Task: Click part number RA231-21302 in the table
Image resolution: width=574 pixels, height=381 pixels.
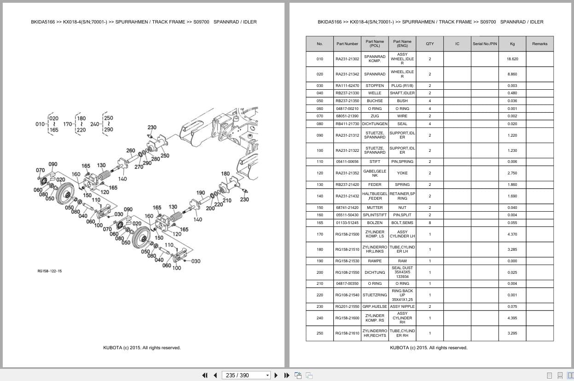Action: (x=347, y=59)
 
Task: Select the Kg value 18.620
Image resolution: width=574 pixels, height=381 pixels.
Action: (x=512, y=59)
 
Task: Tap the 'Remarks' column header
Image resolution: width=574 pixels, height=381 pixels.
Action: (x=539, y=44)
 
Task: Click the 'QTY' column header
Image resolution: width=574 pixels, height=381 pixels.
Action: (x=429, y=44)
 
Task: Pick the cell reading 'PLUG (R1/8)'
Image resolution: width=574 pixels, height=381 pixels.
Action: (x=402, y=86)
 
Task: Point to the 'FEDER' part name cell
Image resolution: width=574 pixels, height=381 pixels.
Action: (x=375, y=185)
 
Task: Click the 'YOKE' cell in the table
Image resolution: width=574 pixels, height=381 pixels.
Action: (x=402, y=173)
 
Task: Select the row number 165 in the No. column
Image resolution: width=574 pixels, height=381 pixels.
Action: (x=320, y=223)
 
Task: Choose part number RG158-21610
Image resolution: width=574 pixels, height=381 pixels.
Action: (x=347, y=333)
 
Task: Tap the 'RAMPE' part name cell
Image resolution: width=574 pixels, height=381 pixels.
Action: (x=375, y=261)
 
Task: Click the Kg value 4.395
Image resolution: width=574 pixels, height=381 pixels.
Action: (x=512, y=318)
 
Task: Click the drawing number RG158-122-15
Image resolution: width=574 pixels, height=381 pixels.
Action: (x=50, y=271)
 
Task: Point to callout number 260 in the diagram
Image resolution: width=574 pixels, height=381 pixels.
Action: (x=131, y=150)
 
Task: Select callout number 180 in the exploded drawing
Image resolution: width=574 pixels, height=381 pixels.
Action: (x=225, y=173)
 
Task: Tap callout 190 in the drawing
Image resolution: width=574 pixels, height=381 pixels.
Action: (x=201, y=193)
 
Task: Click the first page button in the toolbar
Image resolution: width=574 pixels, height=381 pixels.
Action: (x=205, y=375)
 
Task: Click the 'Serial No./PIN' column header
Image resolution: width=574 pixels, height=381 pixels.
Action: (x=485, y=44)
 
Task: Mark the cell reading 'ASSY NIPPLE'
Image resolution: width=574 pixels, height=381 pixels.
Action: (x=402, y=306)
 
